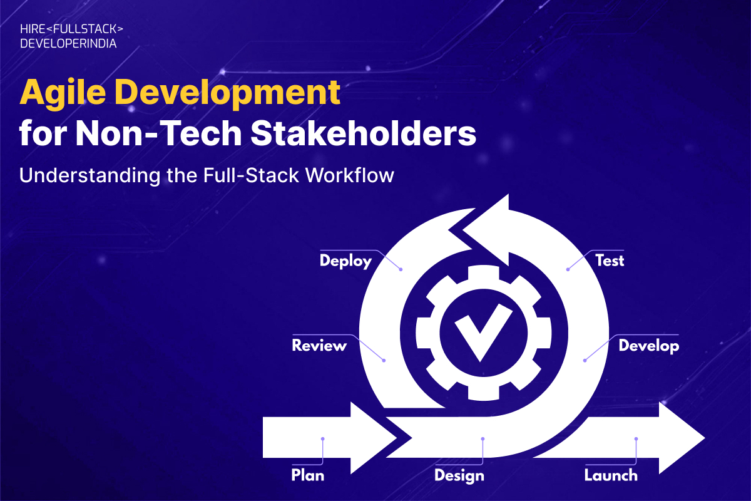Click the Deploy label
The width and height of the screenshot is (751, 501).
point(345,261)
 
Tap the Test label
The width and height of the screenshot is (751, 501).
point(609,260)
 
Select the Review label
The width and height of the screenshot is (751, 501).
point(319,345)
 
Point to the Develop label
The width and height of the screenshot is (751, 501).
point(648,345)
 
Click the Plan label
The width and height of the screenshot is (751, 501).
point(308,475)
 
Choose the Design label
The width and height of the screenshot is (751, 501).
point(459,475)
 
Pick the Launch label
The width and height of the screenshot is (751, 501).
point(611,475)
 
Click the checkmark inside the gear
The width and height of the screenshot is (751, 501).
point(480,333)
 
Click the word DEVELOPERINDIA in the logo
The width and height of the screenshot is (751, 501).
point(68,44)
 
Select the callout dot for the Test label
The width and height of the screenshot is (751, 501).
point(568,269)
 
